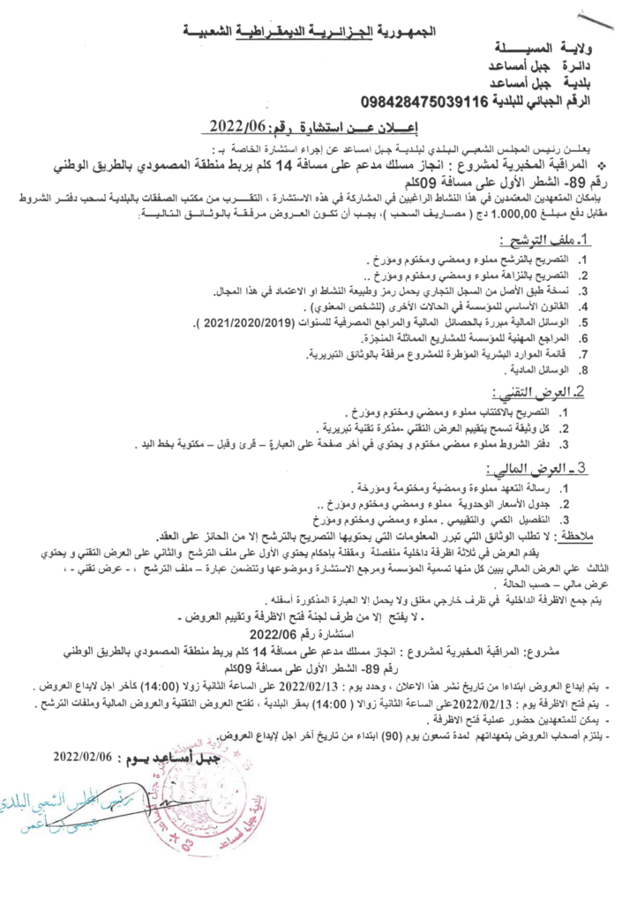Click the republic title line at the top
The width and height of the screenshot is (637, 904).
pyautogui.click(x=318, y=33)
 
